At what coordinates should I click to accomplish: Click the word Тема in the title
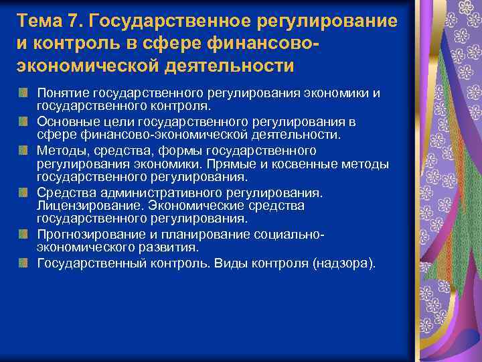point(42,21)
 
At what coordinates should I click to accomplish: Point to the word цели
point(118,122)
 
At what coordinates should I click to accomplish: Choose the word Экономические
point(193,206)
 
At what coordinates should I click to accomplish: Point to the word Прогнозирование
point(84,235)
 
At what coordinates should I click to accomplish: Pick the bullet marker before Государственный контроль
point(24,263)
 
